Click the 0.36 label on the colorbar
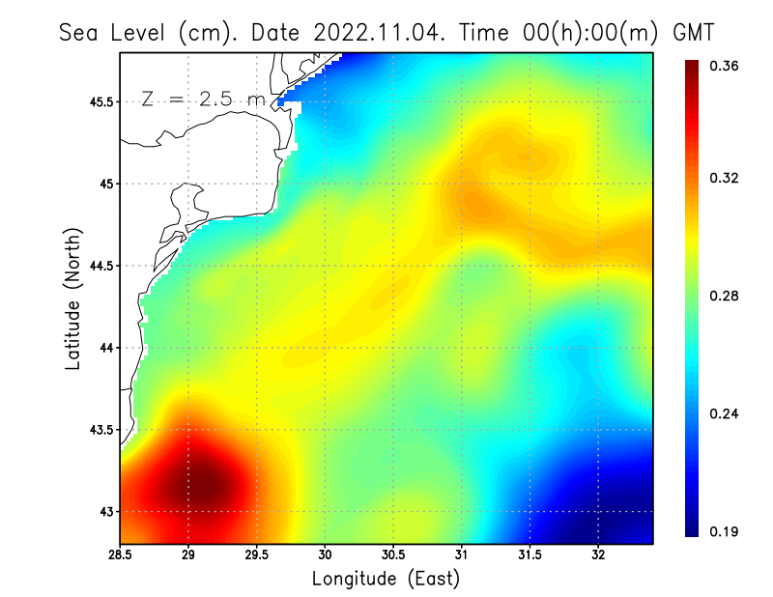pyautogui.click(x=726, y=66)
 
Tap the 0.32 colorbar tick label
pyautogui.click(x=726, y=179)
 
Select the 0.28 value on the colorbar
pyautogui.click(x=726, y=296)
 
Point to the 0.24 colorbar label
pyautogui.click(x=726, y=413)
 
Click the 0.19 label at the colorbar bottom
pyautogui.click(x=726, y=531)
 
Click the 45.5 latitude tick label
pyautogui.click(x=101, y=101)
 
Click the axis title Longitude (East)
pyautogui.click(x=386, y=579)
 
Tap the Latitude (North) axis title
pyautogui.click(x=72, y=298)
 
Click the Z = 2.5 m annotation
pyautogui.click(x=203, y=99)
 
